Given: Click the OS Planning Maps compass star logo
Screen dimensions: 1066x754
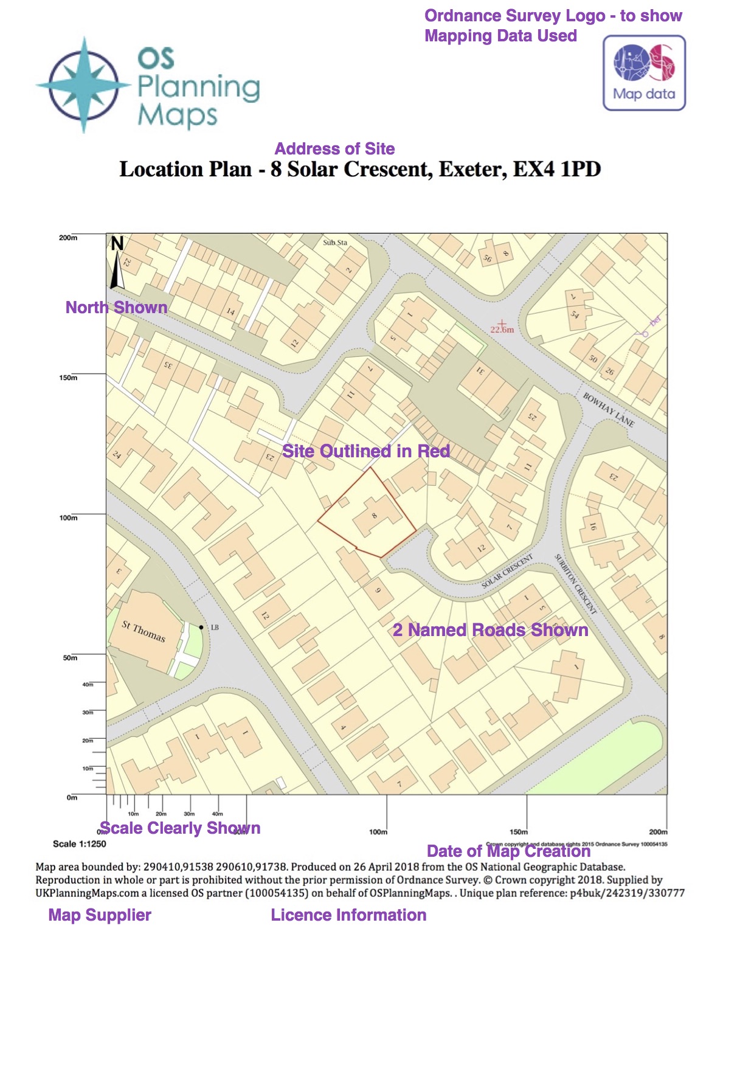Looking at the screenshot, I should (x=83, y=85).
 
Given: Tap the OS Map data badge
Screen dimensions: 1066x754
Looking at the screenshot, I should (x=644, y=73).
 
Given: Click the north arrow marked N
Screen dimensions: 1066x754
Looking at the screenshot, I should (x=117, y=261).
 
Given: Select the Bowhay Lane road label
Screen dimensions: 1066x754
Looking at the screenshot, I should (x=609, y=410).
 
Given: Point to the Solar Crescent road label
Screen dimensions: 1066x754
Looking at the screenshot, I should (x=507, y=571).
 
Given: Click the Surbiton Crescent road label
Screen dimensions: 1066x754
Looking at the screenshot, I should (x=575, y=584).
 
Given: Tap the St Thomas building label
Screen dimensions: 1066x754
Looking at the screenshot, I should (x=144, y=631).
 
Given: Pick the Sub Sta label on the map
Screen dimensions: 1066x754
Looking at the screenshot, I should (x=335, y=243).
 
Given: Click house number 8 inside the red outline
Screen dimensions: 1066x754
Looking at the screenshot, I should (x=375, y=516).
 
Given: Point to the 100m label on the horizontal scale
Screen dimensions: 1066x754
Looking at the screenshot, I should (x=378, y=832).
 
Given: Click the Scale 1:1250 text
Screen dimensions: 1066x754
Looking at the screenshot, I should (x=80, y=844).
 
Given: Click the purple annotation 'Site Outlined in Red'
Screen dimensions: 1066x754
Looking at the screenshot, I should (x=366, y=451).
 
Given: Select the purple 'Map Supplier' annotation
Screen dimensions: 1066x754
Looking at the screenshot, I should (x=100, y=915).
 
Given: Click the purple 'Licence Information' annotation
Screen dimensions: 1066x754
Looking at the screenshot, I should (x=348, y=915).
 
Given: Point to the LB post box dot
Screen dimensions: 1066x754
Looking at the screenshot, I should (x=201, y=627).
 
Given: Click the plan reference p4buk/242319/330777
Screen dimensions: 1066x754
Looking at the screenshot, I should (x=627, y=893).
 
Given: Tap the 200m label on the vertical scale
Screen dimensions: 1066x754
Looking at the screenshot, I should (x=68, y=238).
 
